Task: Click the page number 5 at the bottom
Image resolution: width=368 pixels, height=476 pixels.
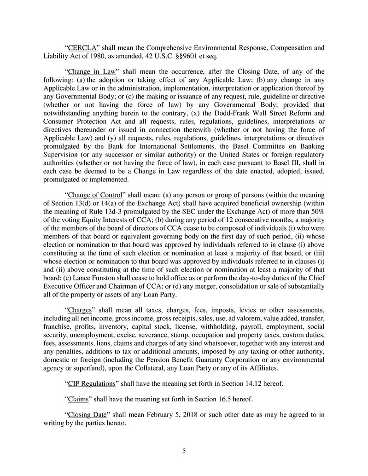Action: pos(184,451)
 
